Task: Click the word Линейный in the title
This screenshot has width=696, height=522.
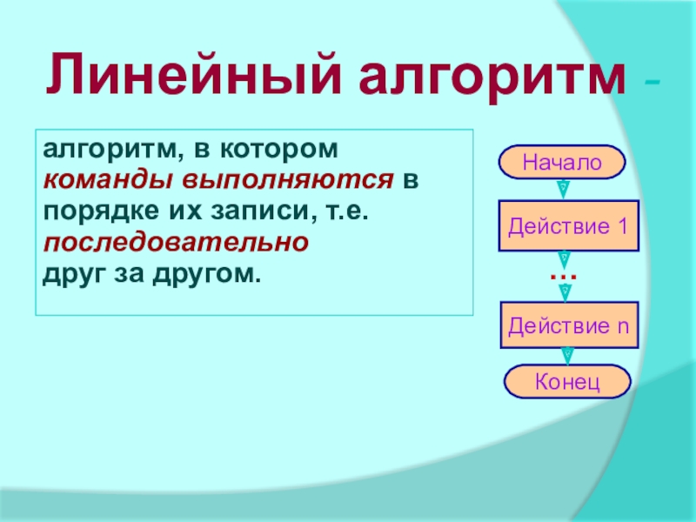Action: click(193, 74)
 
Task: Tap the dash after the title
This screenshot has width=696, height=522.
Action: click(652, 82)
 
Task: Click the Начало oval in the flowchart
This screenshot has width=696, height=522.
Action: click(562, 162)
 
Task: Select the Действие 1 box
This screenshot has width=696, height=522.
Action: click(569, 226)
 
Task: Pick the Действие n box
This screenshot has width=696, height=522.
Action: click(569, 325)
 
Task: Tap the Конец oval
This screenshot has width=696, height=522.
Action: click(567, 381)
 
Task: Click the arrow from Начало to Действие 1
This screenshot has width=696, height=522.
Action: click(563, 190)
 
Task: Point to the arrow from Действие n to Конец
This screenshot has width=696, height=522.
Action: click(567, 357)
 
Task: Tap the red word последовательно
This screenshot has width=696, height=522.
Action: click(176, 243)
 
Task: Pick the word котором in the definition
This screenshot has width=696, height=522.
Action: click(279, 150)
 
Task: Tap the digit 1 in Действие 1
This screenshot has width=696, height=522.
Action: click(623, 226)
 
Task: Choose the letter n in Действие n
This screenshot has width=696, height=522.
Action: click(624, 328)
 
